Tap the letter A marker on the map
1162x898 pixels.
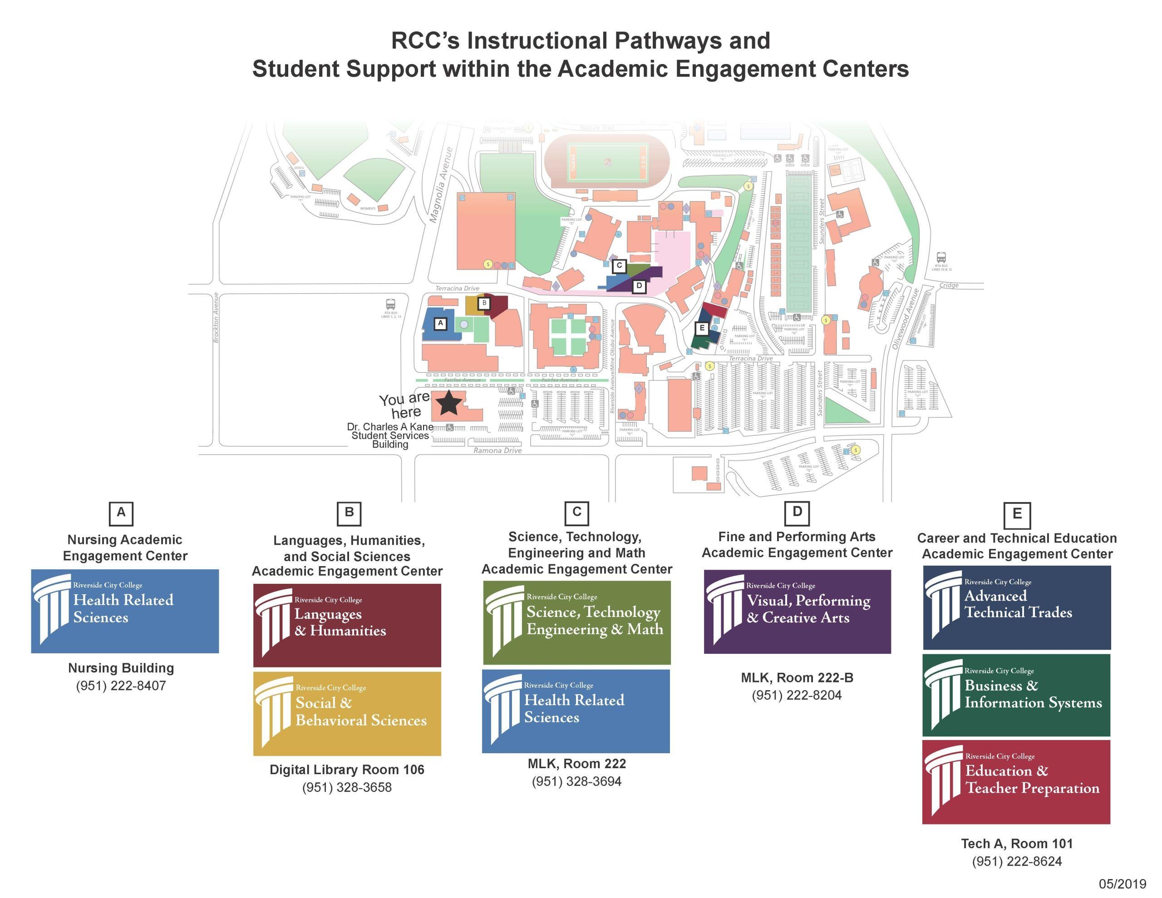click(440, 323)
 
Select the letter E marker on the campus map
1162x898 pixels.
click(702, 328)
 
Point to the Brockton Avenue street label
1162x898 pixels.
click(216, 318)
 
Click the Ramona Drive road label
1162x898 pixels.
click(497, 450)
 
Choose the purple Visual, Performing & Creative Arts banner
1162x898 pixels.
click(797, 612)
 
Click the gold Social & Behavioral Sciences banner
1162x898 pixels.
click(347, 713)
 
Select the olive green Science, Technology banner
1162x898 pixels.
click(577, 622)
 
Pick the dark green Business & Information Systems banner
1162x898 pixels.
click(1016, 695)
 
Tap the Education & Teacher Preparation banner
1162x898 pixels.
click(1016, 781)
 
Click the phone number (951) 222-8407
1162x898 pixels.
click(121, 686)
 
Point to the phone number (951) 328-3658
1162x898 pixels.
click(347, 787)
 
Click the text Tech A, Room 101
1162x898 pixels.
click(1017, 844)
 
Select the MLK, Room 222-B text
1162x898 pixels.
click(797, 678)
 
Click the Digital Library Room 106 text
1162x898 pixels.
click(347, 770)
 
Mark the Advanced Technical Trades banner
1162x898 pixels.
click(1016, 607)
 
